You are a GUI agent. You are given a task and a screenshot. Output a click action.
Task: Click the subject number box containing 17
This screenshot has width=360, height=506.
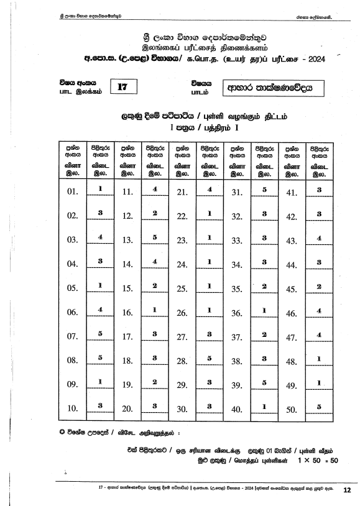[122, 88]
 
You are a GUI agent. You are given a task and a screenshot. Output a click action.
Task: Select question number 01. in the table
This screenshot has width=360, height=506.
[72, 191]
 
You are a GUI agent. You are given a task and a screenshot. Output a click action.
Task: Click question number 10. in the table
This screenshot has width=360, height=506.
[72, 408]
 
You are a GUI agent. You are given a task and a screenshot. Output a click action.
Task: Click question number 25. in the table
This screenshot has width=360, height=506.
[183, 288]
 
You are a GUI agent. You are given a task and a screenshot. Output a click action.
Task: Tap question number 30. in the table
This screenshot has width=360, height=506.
[183, 408]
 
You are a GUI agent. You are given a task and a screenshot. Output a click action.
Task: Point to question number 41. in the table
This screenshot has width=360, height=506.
[292, 191]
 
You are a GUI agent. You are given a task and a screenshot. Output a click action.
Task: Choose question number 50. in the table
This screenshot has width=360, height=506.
[292, 408]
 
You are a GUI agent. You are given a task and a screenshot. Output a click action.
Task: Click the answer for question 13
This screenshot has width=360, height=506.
[155, 237]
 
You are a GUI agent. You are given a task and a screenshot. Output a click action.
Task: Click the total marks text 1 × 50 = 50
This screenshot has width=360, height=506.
[317, 460]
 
